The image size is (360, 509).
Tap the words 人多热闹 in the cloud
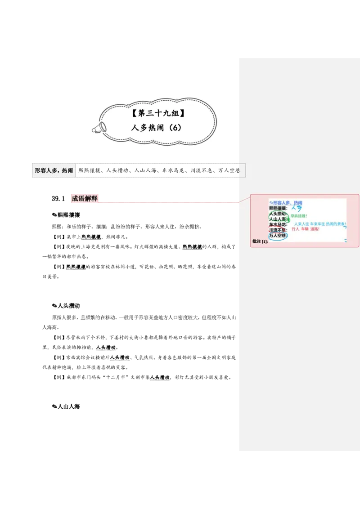(147, 128)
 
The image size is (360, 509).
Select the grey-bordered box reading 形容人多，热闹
(54, 170)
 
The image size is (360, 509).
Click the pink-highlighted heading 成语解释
(85, 198)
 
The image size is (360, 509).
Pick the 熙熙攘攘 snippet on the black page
(91, 236)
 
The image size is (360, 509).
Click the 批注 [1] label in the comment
(260, 241)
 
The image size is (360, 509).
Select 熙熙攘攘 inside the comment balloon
(278, 208)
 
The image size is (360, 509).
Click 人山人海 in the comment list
(278, 219)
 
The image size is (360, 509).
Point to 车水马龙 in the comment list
(278, 224)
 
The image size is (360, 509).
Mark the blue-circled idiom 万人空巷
(278, 236)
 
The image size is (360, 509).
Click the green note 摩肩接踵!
(299, 216)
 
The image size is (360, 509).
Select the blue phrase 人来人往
(301, 223)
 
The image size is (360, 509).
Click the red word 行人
(295, 229)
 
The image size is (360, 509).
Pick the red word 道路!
(315, 229)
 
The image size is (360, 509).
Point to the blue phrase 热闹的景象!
(335, 223)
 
